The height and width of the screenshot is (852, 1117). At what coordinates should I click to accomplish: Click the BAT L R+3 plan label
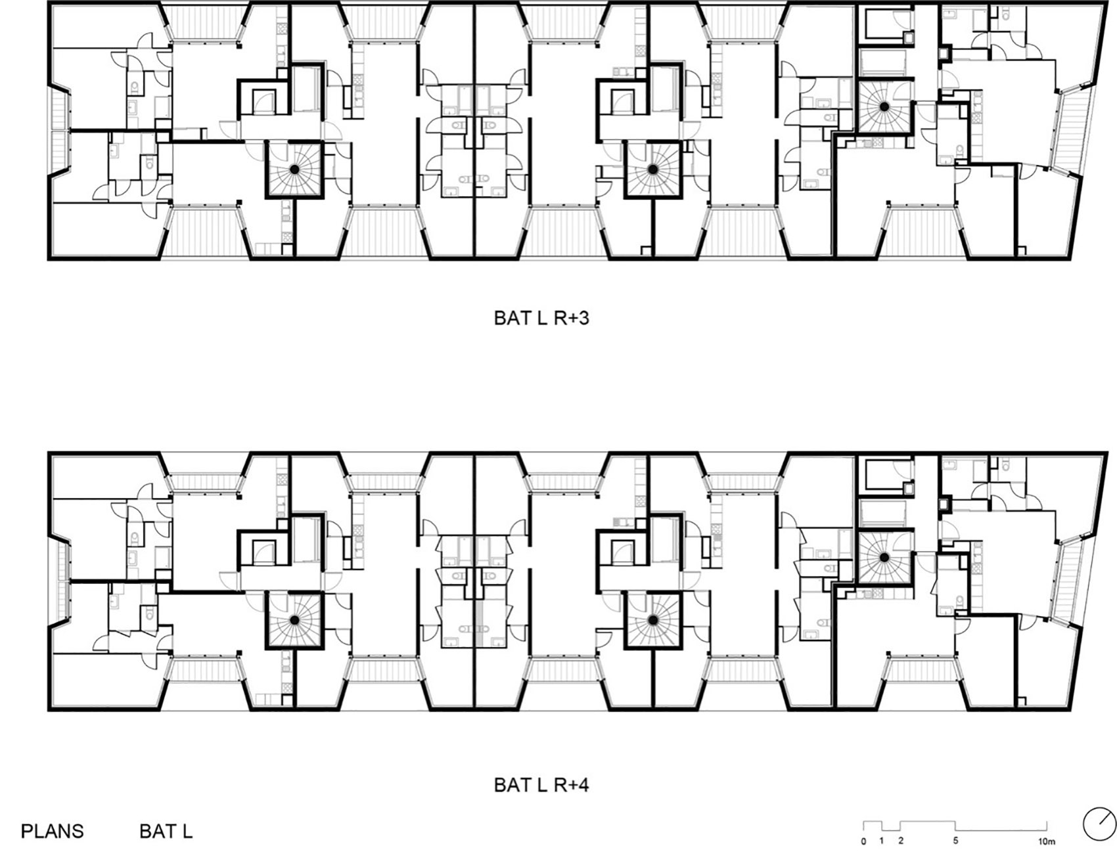tap(541, 318)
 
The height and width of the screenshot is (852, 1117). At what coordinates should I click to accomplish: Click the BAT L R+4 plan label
tap(541, 784)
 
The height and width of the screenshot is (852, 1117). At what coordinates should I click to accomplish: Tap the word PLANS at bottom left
tap(53, 831)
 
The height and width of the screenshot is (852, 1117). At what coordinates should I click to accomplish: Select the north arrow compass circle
tap(1099, 824)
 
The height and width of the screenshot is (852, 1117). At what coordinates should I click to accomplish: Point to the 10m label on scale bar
tap(1046, 841)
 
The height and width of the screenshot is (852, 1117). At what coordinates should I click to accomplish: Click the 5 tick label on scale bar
tap(955, 841)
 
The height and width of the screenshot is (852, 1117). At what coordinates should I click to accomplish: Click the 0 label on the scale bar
tap(863, 841)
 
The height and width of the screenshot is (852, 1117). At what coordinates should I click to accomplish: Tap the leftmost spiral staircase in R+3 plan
tap(294, 169)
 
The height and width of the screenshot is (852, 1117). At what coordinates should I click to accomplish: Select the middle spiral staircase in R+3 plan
tap(652, 169)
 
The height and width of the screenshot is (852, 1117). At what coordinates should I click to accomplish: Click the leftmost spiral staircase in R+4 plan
tap(294, 620)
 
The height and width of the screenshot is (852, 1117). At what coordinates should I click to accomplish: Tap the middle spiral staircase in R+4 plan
tap(652, 620)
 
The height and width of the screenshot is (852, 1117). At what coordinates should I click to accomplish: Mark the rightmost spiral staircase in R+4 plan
tap(884, 558)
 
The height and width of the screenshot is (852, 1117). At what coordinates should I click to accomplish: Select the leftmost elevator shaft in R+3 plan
tap(264, 100)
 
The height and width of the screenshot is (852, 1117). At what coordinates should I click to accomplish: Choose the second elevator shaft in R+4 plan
tap(622, 550)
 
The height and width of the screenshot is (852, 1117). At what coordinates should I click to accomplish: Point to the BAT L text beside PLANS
tap(166, 831)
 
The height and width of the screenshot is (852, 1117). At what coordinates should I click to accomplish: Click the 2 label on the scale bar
tap(900, 841)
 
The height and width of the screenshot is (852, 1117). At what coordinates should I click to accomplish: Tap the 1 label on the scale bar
tap(881, 841)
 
